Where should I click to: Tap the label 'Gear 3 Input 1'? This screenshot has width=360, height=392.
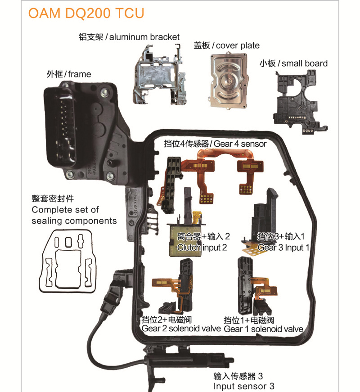283,247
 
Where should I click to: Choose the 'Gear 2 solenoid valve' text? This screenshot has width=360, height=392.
181,329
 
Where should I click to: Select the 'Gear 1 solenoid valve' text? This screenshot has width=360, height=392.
263,329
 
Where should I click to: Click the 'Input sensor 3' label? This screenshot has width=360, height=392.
243,386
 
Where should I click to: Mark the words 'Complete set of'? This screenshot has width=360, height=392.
65,210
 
